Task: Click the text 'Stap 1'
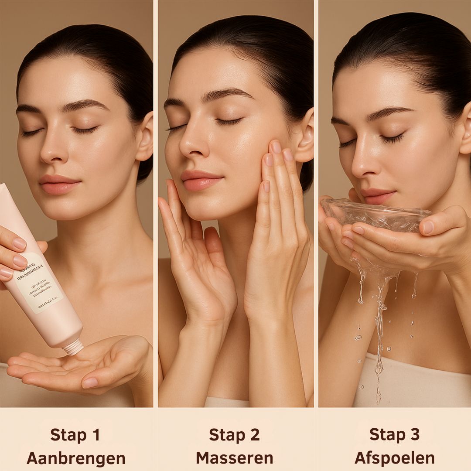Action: tap(75, 435)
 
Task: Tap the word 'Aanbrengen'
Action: tap(76, 458)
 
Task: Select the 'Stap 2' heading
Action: tap(234, 435)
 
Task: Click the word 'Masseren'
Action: tap(234, 458)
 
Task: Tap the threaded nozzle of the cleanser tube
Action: tap(73, 347)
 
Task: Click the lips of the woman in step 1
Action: tap(59, 184)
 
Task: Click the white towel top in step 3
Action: tap(414, 379)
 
